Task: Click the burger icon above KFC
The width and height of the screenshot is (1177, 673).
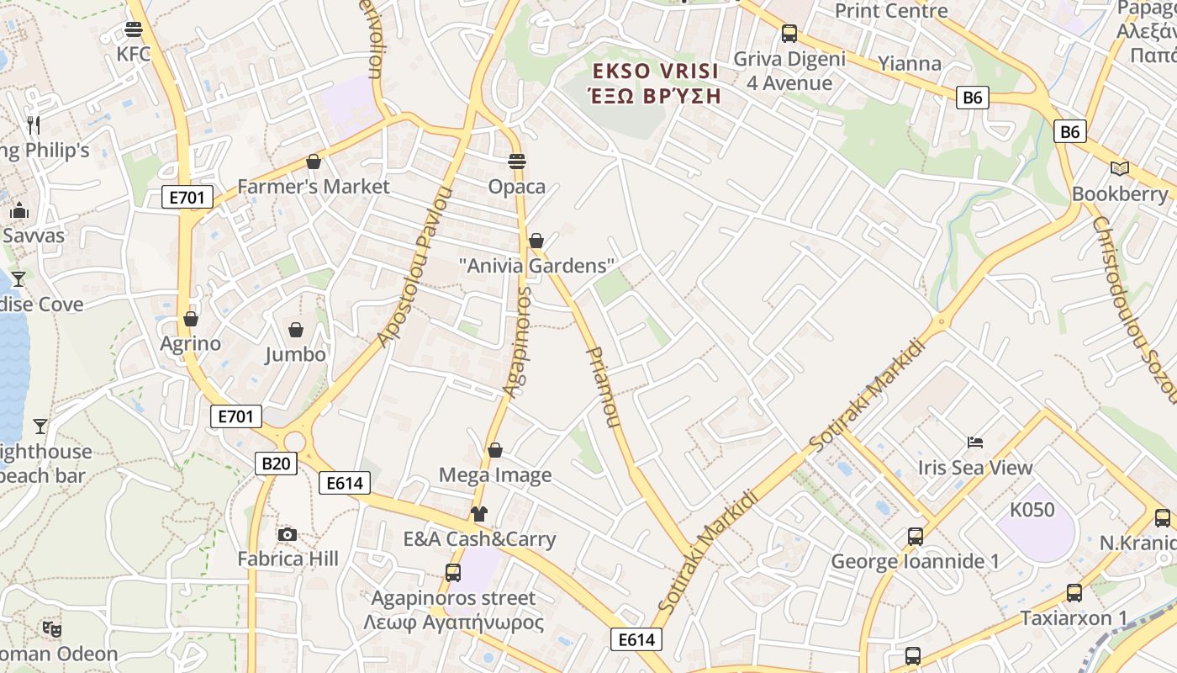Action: click(133, 29)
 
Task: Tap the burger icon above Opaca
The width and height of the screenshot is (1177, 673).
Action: click(517, 162)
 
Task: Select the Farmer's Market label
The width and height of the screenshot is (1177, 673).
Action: click(314, 186)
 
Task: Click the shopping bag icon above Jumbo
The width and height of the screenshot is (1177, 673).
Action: click(296, 329)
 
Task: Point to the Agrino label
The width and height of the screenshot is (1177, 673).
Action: click(191, 343)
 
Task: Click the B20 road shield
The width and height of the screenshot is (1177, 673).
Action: click(276, 463)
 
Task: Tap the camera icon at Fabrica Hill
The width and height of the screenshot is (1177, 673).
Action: click(288, 534)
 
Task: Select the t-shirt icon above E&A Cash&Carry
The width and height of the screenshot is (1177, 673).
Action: click(479, 514)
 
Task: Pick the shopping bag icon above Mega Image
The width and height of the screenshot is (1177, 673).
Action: click(495, 451)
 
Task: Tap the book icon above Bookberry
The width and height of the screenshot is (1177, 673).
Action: click(1119, 169)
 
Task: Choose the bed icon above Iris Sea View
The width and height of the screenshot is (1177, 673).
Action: click(975, 442)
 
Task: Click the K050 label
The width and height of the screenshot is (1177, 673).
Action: click(1032, 510)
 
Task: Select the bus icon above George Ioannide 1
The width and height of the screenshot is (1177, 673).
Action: click(915, 536)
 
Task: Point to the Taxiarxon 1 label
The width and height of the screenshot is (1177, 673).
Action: click(1074, 618)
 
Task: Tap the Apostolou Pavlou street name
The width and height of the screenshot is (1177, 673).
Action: click(414, 268)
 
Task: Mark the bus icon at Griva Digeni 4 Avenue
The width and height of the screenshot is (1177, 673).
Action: click(789, 34)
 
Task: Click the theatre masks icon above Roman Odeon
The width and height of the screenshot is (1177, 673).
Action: click(52, 628)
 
